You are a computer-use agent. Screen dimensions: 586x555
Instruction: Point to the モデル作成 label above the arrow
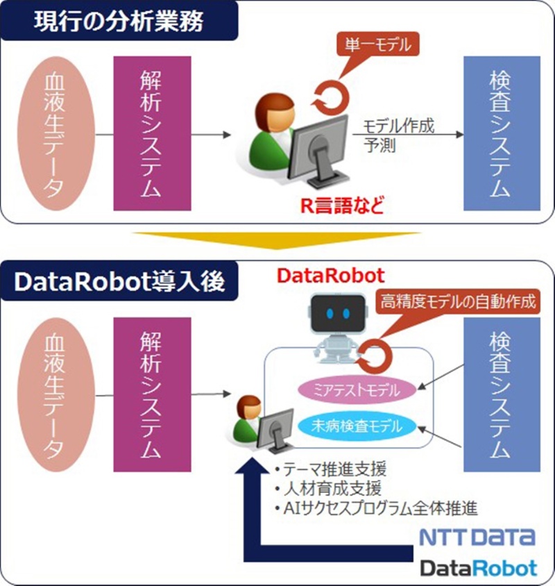[399, 126]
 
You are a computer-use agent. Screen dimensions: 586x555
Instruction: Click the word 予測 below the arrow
[379, 146]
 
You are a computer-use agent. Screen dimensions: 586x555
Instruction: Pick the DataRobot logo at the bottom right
[478, 568]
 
